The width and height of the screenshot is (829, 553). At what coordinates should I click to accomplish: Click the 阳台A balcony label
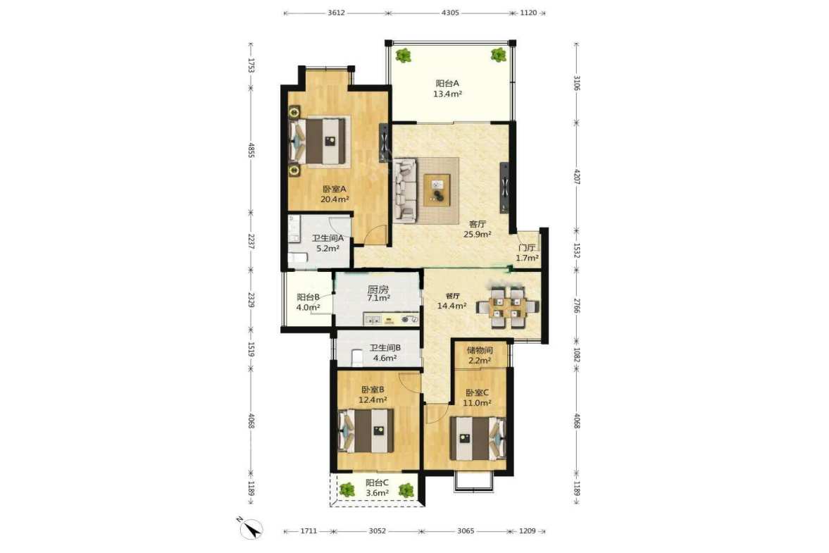click(447, 84)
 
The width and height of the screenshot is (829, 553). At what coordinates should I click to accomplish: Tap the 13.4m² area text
click(447, 94)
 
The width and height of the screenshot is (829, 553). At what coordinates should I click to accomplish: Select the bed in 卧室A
click(319, 141)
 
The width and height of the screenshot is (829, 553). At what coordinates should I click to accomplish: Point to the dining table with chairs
click(507, 307)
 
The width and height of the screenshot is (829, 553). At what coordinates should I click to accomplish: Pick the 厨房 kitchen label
click(378, 290)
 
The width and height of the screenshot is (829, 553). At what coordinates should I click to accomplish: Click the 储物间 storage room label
click(480, 350)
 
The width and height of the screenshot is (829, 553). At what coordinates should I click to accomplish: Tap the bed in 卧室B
click(366, 431)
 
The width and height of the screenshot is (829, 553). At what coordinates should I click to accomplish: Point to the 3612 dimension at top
click(336, 13)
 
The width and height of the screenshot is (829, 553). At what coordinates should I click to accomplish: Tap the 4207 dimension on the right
click(577, 176)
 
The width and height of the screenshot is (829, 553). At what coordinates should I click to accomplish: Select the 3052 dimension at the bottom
click(378, 530)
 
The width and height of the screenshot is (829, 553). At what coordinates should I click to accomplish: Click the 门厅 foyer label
click(527, 247)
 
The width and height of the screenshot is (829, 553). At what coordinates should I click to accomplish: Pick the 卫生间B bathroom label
click(385, 348)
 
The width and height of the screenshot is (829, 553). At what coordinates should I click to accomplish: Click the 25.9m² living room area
click(478, 234)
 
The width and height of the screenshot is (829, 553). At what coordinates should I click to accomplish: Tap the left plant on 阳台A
click(404, 55)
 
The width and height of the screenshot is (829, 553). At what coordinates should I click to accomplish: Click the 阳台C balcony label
click(377, 483)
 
